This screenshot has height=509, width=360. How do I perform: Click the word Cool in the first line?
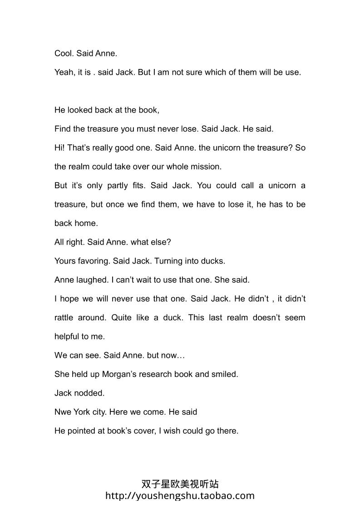63,53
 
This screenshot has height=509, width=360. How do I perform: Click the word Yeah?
64,72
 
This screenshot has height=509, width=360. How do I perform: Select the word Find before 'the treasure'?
63,129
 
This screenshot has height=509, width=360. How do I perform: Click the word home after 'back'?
86,223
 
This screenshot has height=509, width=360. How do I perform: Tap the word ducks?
214,261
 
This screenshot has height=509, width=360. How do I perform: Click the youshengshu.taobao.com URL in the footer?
180,496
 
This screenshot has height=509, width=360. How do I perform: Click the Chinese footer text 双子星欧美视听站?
180,485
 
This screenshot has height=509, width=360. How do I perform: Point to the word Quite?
122,318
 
